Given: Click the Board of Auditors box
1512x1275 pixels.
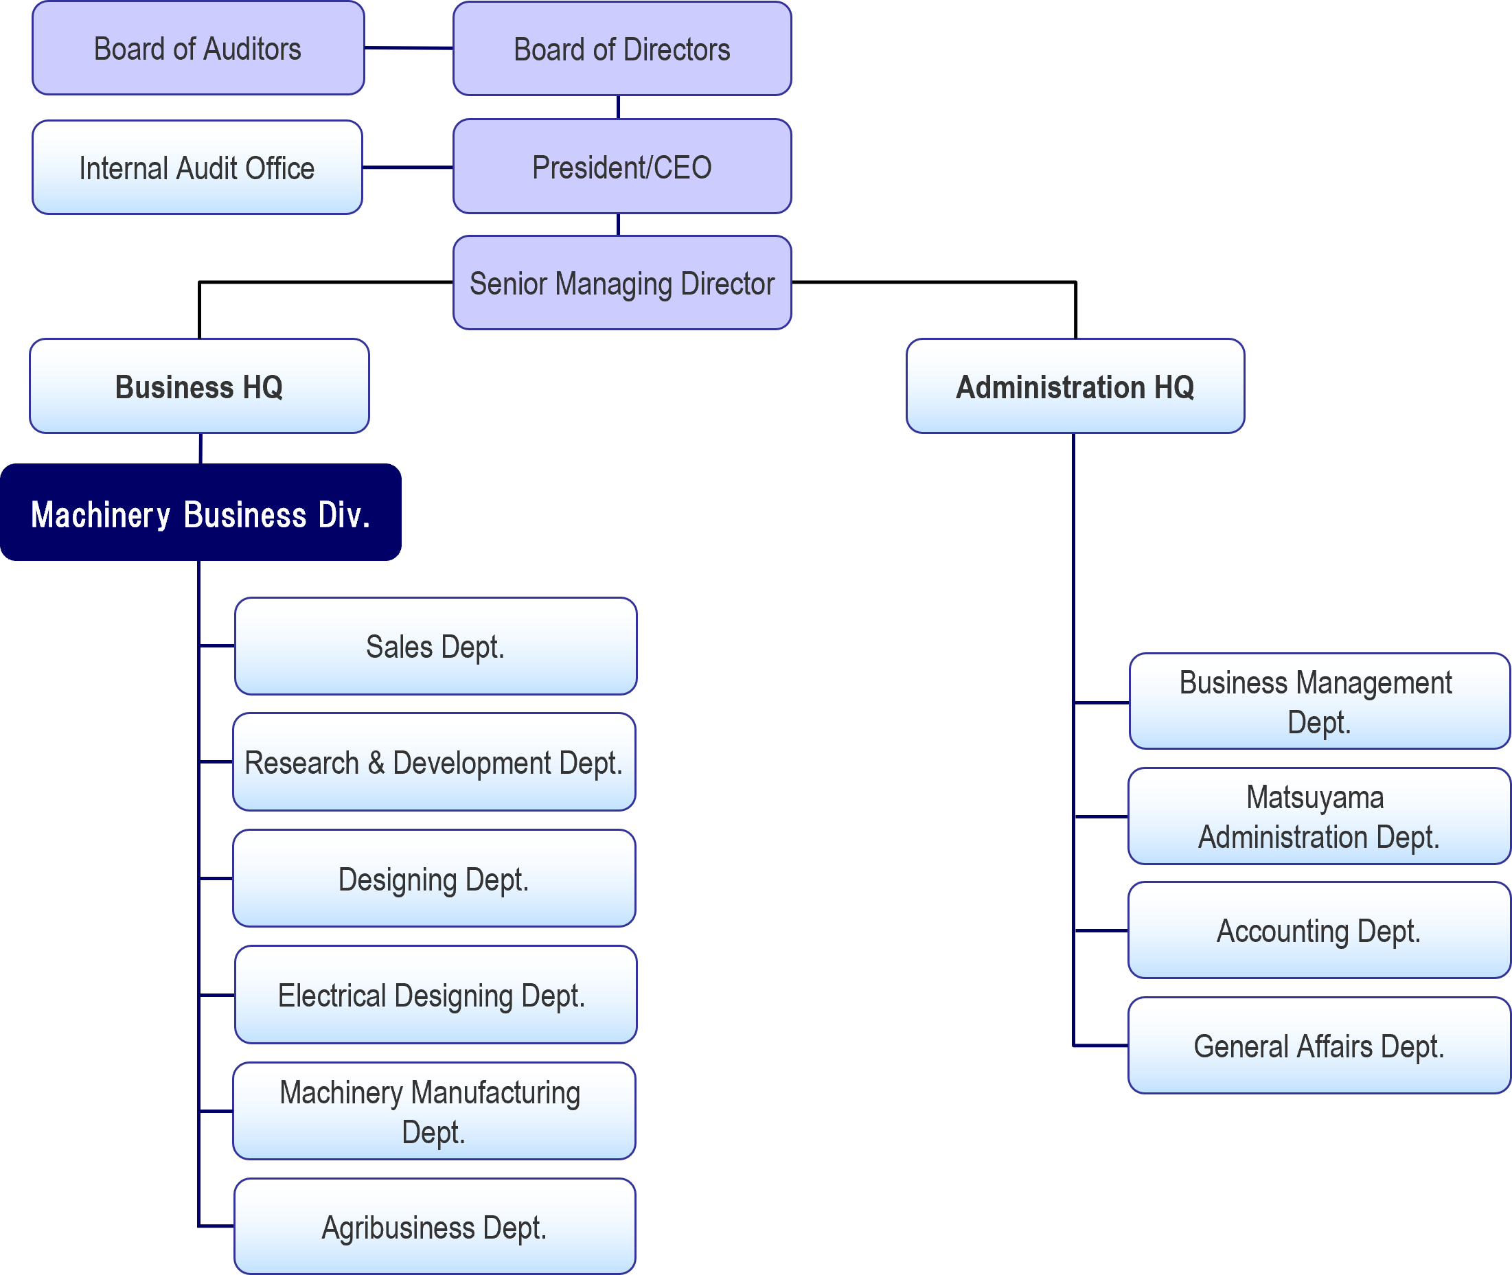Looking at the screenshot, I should pos(198,49).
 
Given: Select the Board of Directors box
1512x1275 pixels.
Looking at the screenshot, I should pos(621,49).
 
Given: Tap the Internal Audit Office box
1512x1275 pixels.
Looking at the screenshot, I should pos(196,168).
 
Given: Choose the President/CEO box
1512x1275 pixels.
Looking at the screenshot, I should pos(621,167).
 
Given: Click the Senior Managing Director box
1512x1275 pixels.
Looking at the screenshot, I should pos(621,284).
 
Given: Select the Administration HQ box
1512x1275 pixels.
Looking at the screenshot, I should pos(1075,387).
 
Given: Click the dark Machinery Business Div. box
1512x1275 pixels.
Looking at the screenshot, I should pos(201,513).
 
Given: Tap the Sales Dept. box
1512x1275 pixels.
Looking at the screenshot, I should pos(435,646).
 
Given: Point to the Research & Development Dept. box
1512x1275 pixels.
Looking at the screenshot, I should pos(434,763).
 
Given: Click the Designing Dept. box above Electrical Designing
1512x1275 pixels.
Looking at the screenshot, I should pos(434,879).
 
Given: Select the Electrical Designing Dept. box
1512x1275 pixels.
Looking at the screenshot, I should pos(435,996).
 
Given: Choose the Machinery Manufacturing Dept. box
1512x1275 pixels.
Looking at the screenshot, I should pos(434,1112).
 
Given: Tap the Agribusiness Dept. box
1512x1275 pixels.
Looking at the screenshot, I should pos(435,1228).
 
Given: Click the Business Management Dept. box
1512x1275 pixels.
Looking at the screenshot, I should pos(1319,702).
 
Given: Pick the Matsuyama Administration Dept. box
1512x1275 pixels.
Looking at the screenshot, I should pos(1319,817).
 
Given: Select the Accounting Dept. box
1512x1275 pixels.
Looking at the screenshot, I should pos(1319,931).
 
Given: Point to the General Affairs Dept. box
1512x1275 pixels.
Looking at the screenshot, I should pos(1319,1046).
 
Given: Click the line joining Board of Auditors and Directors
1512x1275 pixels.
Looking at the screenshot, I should pos(409,49).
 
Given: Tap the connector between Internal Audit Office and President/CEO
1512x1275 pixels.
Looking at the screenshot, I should pos(408,168).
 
